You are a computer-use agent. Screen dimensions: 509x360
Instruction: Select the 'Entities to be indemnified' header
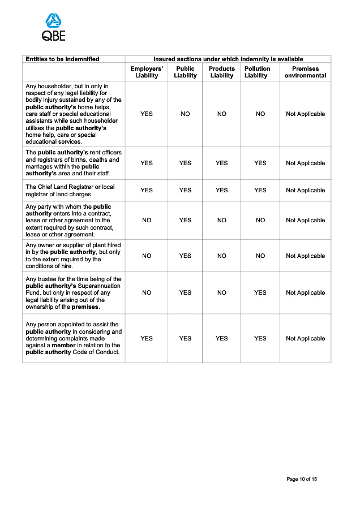pyautogui.click(x=62, y=59)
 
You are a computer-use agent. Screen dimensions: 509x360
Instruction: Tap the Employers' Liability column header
pyautogui.click(x=147, y=72)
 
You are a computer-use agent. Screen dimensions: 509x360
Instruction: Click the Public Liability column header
pyautogui.click(x=185, y=72)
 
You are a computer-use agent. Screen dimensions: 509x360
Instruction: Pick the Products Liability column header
pyautogui.click(x=222, y=72)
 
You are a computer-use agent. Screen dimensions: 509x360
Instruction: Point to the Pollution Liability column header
pyautogui.click(x=257, y=72)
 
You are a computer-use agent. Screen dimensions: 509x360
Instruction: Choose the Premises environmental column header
pyautogui.click(x=305, y=72)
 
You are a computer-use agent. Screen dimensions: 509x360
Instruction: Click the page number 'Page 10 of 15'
pyautogui.click(x=302, y=480)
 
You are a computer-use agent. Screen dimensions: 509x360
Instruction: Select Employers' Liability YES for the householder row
pyautogui.click(x=147, y=114)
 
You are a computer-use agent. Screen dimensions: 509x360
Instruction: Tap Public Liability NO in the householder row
pyautogui.click(x=185, y=114)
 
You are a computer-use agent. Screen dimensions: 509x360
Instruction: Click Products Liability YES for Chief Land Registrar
pyautogui.click(x=222, y=190)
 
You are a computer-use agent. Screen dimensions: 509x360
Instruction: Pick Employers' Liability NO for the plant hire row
pyautogui.click(x=147, y=256)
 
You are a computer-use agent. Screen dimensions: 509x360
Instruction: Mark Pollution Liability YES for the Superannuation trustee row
pyautogui.click(x=260, y=292)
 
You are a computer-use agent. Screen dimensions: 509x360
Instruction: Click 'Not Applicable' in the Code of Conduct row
pyautogui.click(x=305, y=338)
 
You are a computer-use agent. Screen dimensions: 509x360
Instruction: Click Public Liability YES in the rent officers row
pyautogui.click(x=185, y=163)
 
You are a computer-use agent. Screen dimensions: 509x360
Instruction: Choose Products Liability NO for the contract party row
pyautogui.click(x=222, y=220)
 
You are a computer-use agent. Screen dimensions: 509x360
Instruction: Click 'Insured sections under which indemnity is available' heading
pyautogui.click(x=228, y=59)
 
